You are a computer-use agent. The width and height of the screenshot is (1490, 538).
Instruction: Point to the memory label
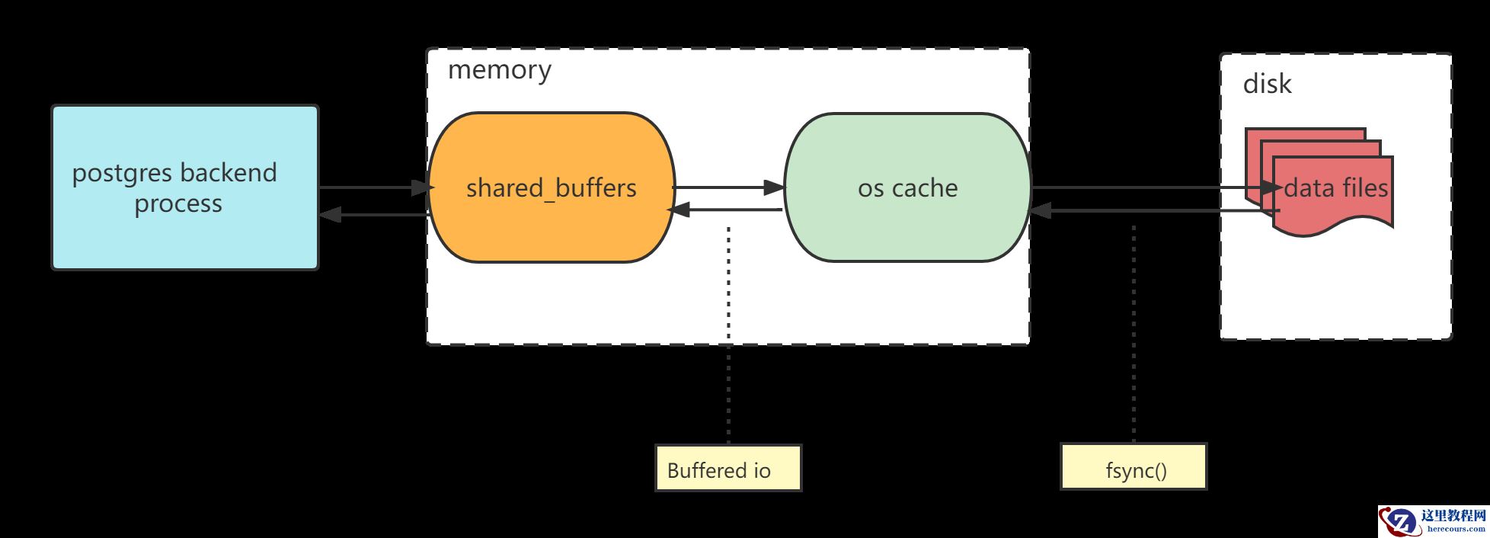click(499, 70)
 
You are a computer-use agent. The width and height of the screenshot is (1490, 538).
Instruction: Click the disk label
click(1267, 84)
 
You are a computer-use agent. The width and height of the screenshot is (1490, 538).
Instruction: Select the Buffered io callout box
click(727, 469)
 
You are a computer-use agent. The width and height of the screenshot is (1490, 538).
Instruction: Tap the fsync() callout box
click(1133, 467)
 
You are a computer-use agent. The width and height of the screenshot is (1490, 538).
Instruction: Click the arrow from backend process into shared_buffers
click(373, 187)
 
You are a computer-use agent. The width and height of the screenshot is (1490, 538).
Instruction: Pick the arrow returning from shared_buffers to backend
click(373, 215)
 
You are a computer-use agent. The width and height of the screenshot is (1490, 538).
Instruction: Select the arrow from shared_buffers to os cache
click(727, 187)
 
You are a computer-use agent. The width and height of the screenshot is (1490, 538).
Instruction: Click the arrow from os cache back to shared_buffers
click(727, 209)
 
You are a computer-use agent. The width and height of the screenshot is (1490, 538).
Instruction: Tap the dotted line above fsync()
click(1134, 335)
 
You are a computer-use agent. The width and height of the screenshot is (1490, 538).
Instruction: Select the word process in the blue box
click(178, 204)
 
